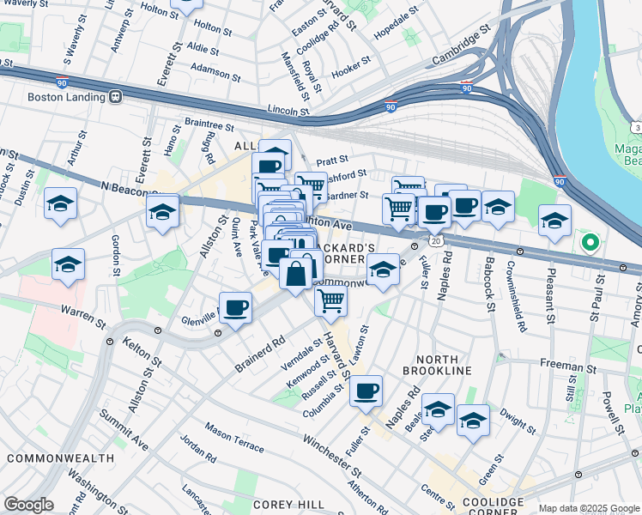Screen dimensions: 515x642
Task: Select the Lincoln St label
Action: tap(288, 110)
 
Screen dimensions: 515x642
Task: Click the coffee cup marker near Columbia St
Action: tap(366, 391)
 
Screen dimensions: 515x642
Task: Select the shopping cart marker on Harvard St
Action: tap(330, 300)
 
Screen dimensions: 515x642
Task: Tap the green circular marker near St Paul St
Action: tap(589, 242)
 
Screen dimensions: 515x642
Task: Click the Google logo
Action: tap(28, 505)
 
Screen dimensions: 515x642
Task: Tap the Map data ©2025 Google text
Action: tap(589, 509)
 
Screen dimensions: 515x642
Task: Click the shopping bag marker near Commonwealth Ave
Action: tap(295, 276)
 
